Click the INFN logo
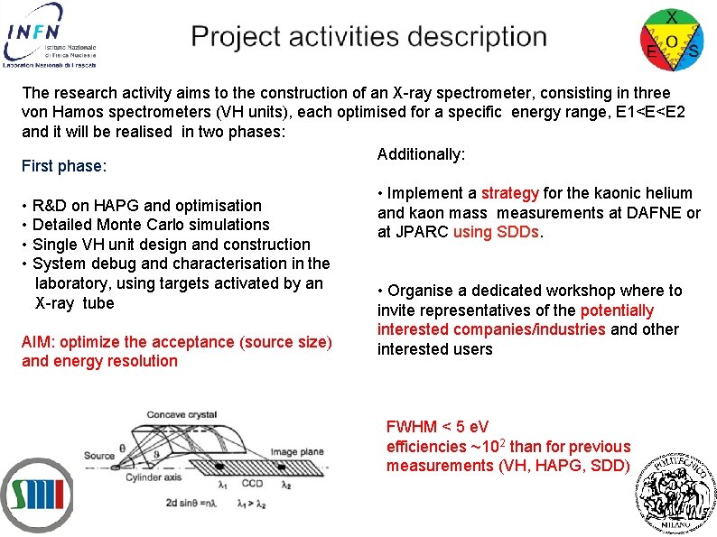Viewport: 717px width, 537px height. tap(49, 35)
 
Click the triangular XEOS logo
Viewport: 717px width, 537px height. tap(672, 37)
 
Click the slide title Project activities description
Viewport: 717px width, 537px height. tap(368, 37)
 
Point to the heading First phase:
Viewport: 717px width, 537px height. tap(64, 166)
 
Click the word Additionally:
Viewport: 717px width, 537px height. tap(421, 154)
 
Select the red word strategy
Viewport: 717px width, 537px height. tap(509, 193)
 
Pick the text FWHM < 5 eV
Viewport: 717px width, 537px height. tap(437, 427)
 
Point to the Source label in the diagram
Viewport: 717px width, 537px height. tap(99, 455)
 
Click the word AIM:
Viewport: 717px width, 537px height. tap(38, 342)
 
